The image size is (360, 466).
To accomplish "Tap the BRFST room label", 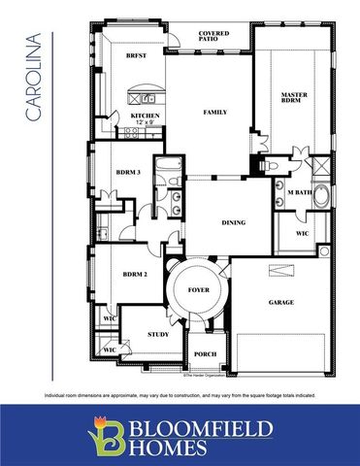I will pyautogui.click(x=136, y=56).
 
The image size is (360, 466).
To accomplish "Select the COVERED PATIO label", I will pyautogui.click(x=213, y=37).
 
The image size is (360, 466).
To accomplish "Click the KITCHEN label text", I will pyautogui.click(x=147, y=116).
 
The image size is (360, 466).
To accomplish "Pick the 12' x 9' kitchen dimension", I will pyautogui.click(x=147, y=122).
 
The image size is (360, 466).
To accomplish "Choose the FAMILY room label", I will pyautogui.click(x=215, y=113).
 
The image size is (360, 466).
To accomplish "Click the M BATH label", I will pyautogui.click(x=298, y=193).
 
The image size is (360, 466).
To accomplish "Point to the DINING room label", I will pyautogui.click(x=233, y=222).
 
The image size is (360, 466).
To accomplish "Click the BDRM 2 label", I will pyautogui.click(x=135, y=275).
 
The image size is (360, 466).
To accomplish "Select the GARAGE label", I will pyautogui.click(x=280, y=302).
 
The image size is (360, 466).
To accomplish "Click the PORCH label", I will pyautogui.click(x=205, y=354).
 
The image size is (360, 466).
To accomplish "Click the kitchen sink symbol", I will pyautogui.click(x=149, y=98).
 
